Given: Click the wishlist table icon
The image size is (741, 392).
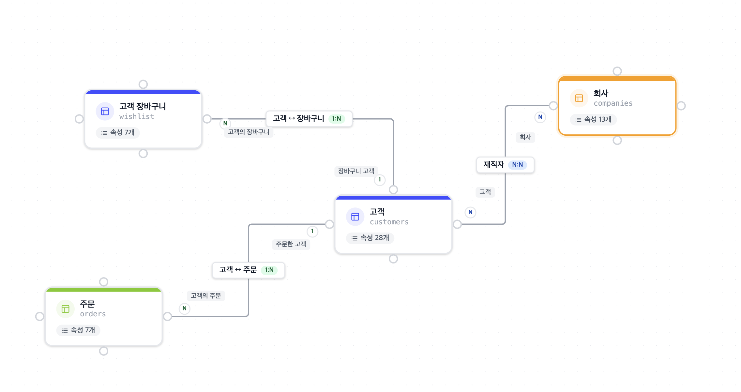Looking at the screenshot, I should [x=105, y=112].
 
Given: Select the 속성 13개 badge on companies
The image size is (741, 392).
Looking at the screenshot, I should [x=593, y=120].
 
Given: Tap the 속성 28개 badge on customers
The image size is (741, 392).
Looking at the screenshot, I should [x=370, y=238].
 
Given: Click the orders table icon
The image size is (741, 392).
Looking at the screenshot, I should [x=66, y=309].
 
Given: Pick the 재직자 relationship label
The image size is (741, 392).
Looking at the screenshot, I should [x=494, y=165].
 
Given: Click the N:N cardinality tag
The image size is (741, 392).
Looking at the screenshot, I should [x=517, y=165].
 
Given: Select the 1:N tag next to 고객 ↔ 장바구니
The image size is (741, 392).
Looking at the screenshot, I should [x=337, y=119].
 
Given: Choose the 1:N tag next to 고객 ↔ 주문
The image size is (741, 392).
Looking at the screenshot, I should [x=269, y=270].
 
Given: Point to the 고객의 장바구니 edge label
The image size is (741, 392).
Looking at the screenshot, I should [x=249, y=132].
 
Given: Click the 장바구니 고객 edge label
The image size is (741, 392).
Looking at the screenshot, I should [x=356, y=171].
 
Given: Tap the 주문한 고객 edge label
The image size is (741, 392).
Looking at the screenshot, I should [x=291, y=244].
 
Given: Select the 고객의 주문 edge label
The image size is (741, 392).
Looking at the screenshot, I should [x=206, y=296].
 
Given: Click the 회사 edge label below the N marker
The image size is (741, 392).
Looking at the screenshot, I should [x=525, y=137].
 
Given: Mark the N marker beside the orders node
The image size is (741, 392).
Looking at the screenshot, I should [x=185, y=309].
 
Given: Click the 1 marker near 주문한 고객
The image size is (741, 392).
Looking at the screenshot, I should [x=312, y=231].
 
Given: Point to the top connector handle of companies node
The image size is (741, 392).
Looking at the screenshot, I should [x=617, y=71].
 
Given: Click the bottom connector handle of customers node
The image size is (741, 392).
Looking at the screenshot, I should [x=393, y=259].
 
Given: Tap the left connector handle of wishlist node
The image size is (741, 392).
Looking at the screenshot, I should [x=79, y=119].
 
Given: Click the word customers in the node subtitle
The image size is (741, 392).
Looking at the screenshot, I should [x=389, y=222].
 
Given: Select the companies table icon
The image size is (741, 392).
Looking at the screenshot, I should [x=579, y=98].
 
